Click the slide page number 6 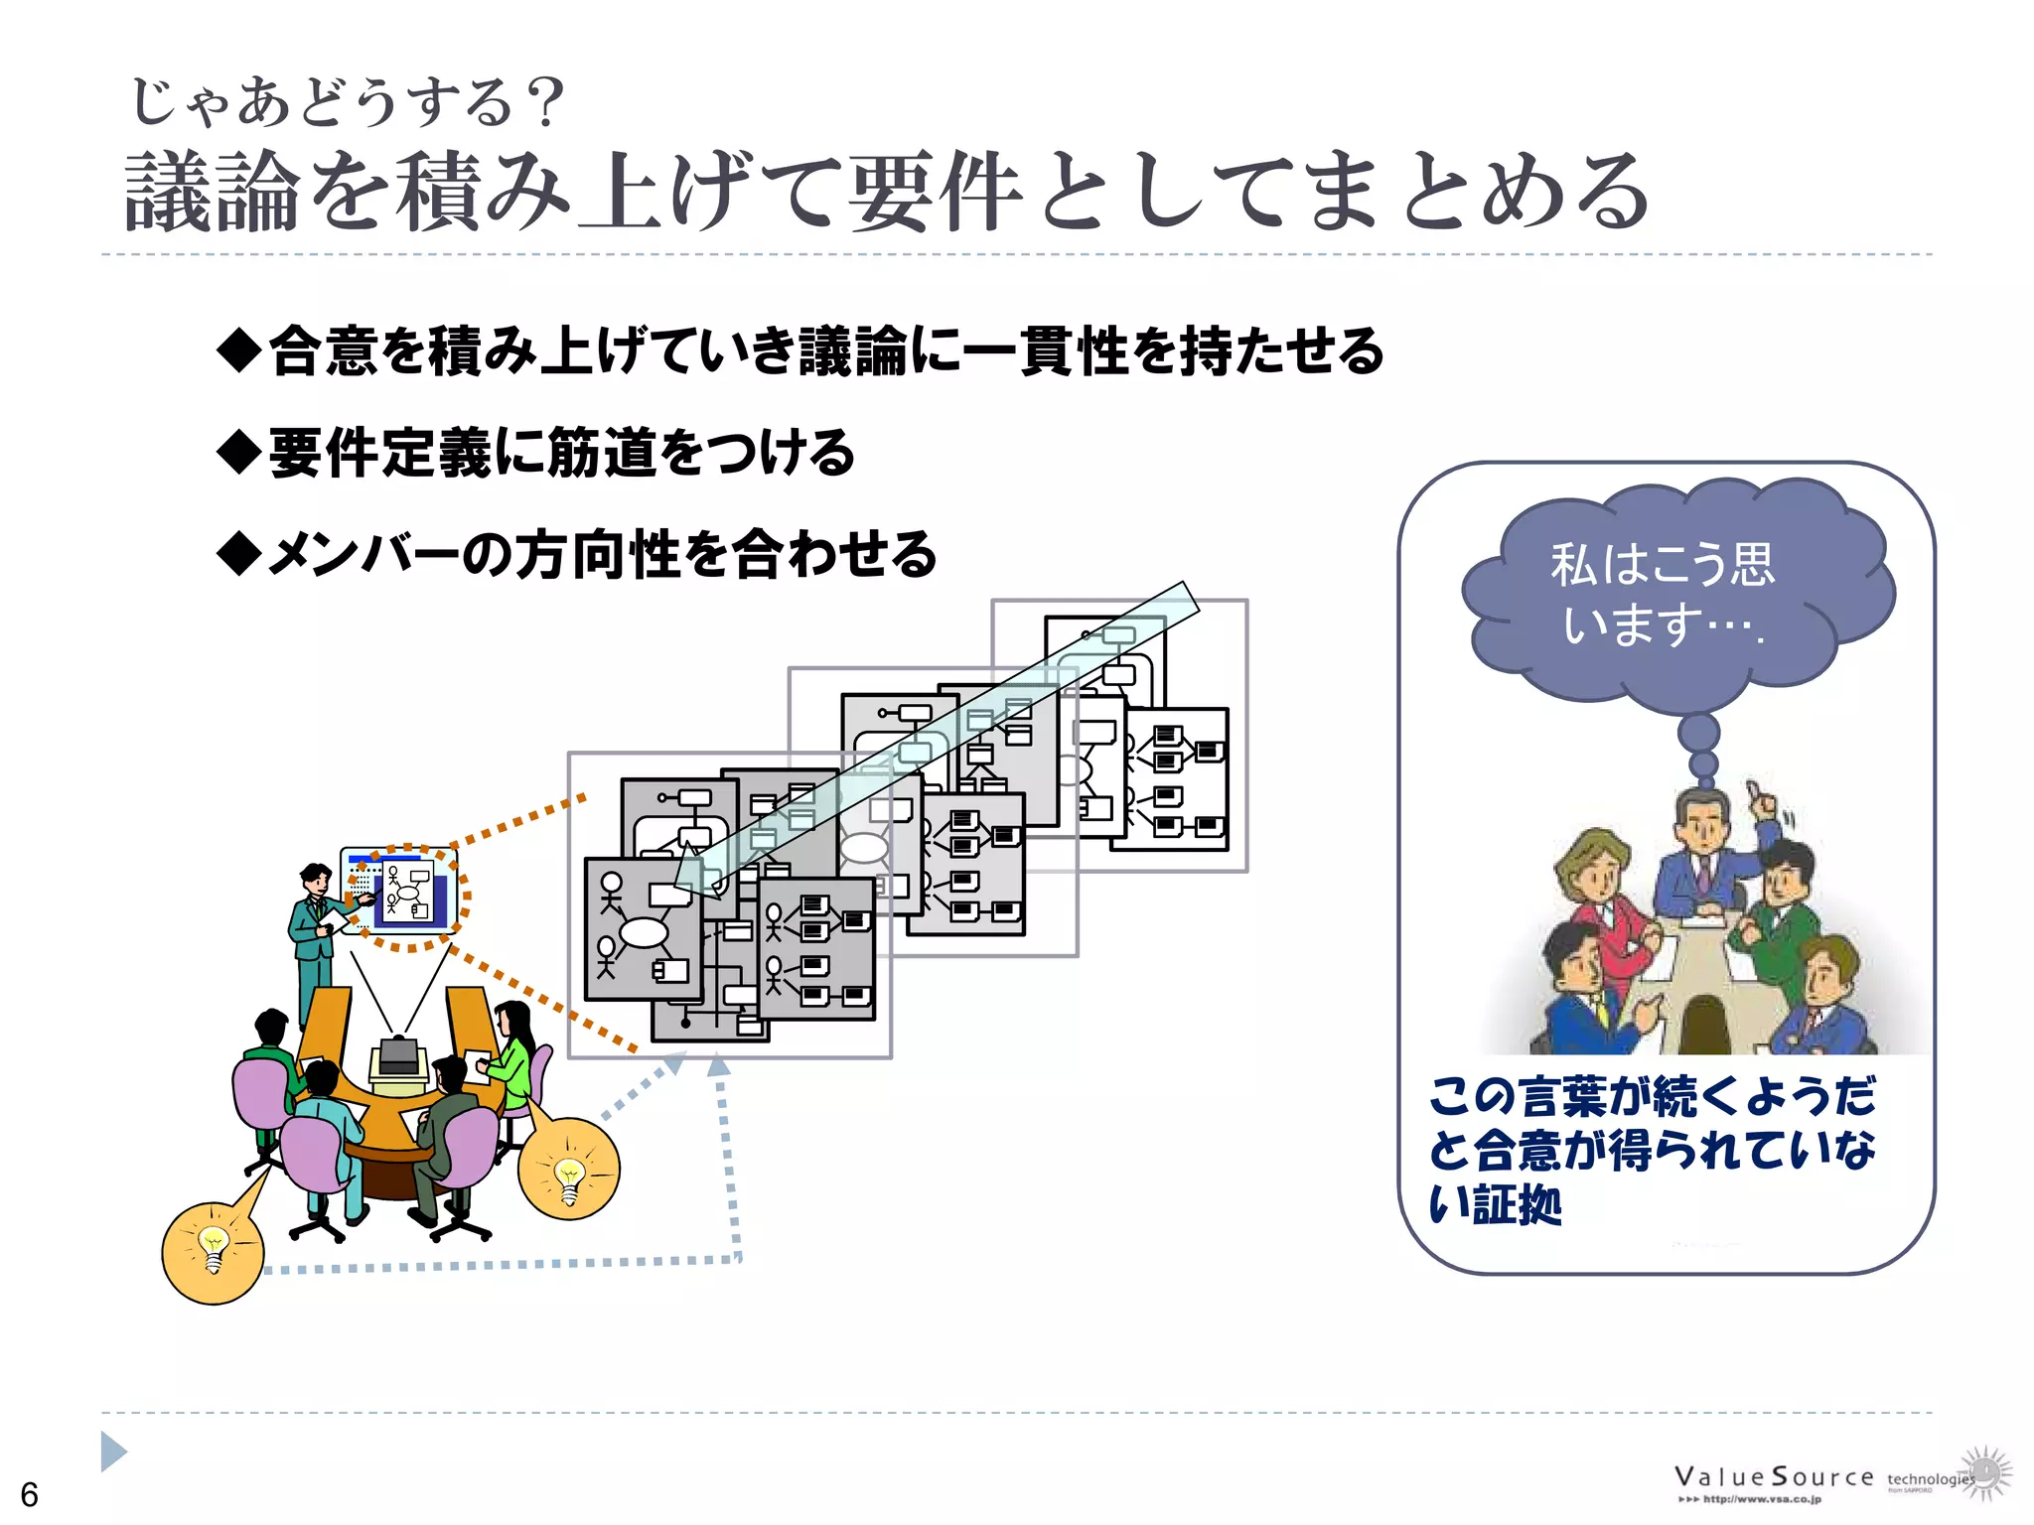coord(30,1494)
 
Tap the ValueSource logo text coord(1774,1477)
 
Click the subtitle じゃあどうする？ coord(348,102)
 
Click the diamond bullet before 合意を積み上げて coord(238,350)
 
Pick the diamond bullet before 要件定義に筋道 coord(238,452)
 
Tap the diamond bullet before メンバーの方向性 coord(238,553)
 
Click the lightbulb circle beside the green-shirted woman coord(569,1169)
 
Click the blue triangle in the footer coord(113,1452)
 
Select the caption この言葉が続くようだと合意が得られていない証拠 coord(1651,1150)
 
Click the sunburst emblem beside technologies coord(1985,1471)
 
